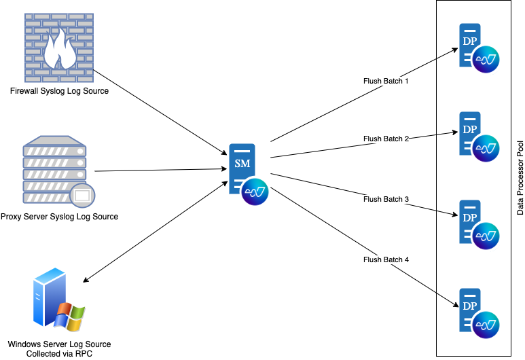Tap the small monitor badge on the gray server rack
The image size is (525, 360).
click(82, 196)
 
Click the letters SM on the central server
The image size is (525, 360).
click(242, 164)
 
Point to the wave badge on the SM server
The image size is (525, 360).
click(256, 192)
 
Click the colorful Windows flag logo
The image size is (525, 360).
click(71, 317)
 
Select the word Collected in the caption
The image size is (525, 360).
click(43, 354)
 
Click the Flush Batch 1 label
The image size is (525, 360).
click(386, 81)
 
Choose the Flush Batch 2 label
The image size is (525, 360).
click(386, 139)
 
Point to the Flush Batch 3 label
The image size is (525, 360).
click(386, 200)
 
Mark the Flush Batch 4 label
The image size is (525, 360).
click(386, 259)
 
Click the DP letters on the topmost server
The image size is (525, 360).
click(469, 41)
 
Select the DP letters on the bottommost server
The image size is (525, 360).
click(469, 306)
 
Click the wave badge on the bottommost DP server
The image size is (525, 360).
click(487, 325)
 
